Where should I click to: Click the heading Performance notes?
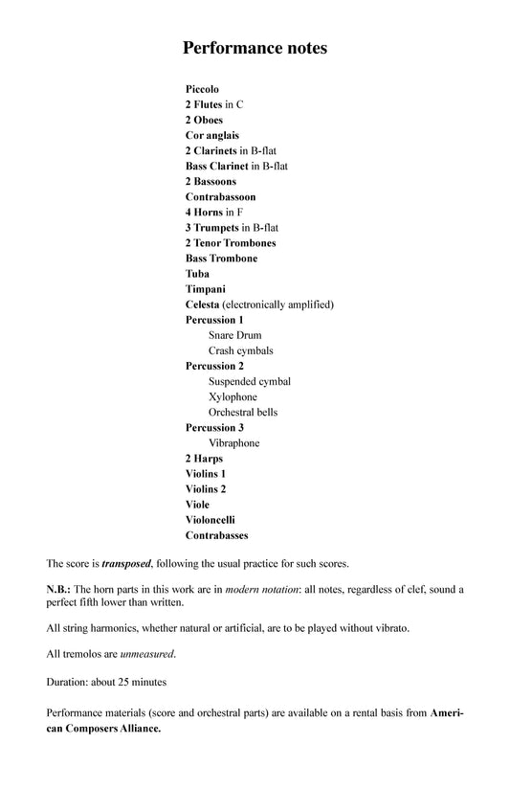point(255,47)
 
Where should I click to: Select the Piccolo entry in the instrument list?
point(202,89)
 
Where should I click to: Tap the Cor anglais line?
point(211,135)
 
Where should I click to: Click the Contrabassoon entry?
point(220,196)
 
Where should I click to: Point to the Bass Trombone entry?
point(221,258)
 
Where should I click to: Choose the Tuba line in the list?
point(198,273)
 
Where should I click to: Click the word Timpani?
point(206,289)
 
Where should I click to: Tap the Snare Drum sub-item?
point(234,335)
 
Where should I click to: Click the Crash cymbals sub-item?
point(240,350)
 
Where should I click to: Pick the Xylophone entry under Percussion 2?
point(233,396)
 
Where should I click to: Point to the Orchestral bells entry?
point(243,412)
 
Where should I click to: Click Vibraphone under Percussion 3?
point(233,443)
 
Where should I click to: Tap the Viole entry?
point(197,505)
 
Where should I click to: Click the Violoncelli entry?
point(210,520)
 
